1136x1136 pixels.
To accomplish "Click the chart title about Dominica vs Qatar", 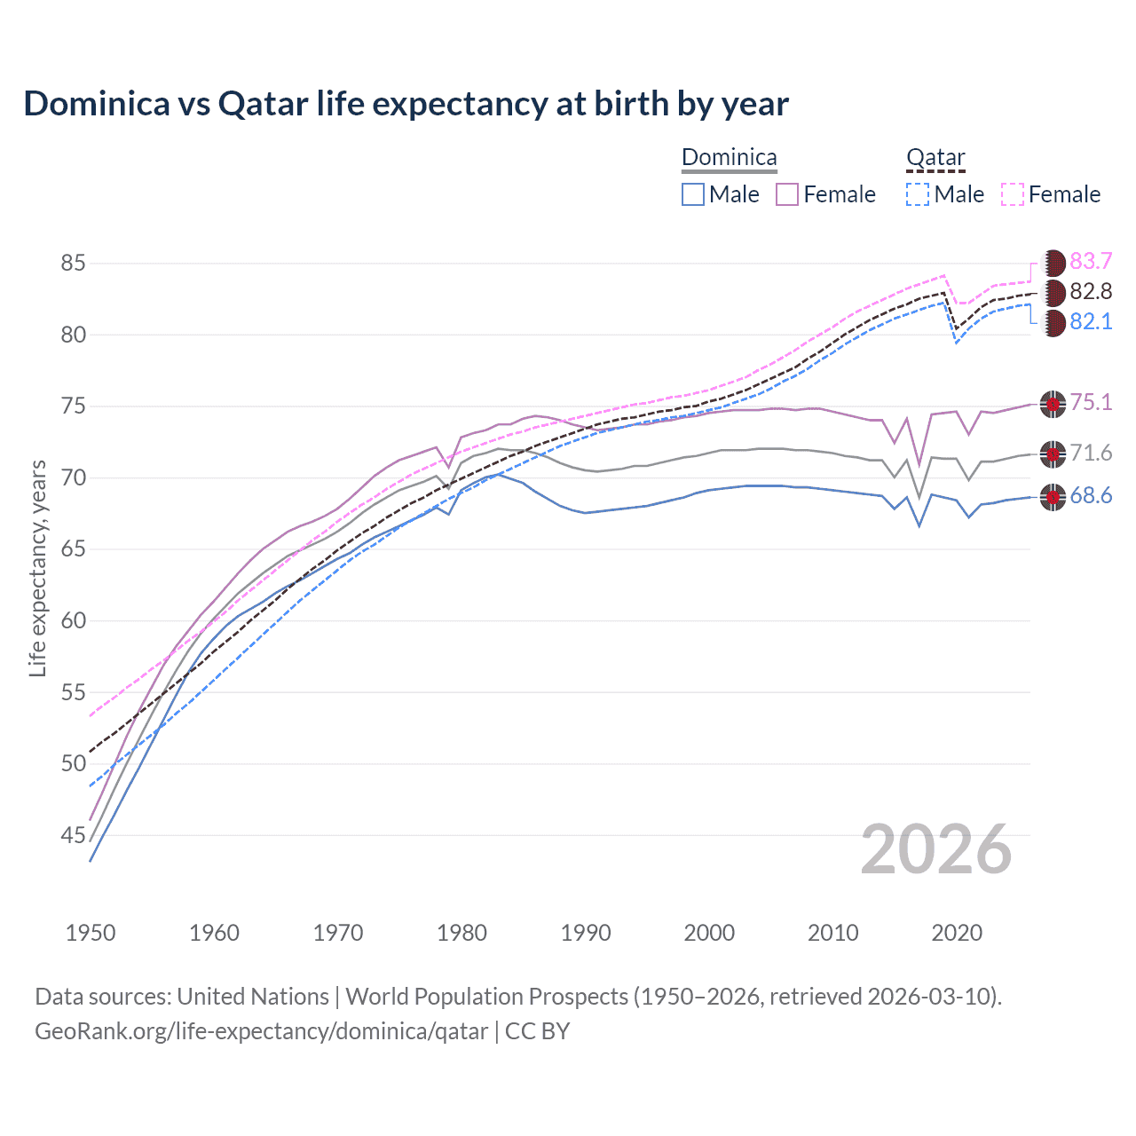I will click(406, 104).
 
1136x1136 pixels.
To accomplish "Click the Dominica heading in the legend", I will click(729, 158).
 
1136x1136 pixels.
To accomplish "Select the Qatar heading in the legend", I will click(935, 158).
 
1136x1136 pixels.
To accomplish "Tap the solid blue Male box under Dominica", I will click(693, 194).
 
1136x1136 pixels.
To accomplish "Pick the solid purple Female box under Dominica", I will click(787, 194).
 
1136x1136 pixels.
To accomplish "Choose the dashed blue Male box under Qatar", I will click(918, 194).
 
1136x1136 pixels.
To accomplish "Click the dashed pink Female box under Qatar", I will click(1013, 194).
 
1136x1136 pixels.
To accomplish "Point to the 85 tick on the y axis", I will click(74, 264).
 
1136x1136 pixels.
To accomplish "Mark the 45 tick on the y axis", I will click(74, 835).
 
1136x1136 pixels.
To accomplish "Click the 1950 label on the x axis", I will click(91, 933).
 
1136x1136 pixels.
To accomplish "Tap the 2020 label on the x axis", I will click(957, 933).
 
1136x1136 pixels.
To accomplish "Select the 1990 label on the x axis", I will click(586, 933).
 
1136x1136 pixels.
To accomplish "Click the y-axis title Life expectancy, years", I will click(38, 568).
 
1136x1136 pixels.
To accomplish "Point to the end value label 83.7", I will click(1091, 262).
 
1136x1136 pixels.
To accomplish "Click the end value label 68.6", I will click(1091, 496).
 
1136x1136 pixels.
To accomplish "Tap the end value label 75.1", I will click(1091, 403).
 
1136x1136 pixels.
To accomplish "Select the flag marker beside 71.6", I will click(1053, 454).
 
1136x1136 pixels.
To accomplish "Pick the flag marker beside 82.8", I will click(1053, 292).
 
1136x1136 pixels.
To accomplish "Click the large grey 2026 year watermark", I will click(936, 849).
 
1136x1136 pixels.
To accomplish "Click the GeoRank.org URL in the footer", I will click(261, 1031).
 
